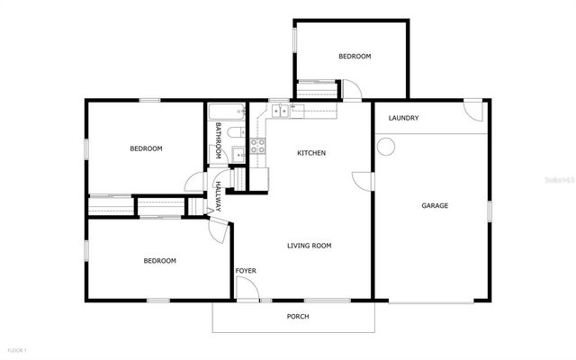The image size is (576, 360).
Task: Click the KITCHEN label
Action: click(x=311, y=153)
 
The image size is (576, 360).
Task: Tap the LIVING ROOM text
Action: click(x=309, y=246)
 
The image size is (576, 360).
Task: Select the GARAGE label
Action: click(x=435, y=206)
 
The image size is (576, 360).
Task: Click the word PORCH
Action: click(x=298, y=316)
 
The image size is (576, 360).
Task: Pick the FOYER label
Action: click(x=245, y=271)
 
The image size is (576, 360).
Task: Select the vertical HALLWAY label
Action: click(x=218, y=196)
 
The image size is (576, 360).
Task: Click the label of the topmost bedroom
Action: click(x=355, y=57)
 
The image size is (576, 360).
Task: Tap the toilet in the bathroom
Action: click(x=235, y=133)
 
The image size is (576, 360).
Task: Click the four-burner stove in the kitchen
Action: click(x=258, y=148)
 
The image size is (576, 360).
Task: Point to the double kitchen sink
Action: click(x=282, y=110)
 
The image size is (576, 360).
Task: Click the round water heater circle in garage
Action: click(x=387, y=146)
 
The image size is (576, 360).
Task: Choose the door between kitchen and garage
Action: click(x=363, y=181)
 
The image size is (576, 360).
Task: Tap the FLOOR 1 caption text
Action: click(x=17, y=349)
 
